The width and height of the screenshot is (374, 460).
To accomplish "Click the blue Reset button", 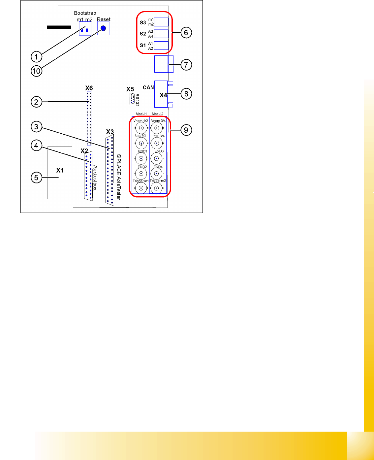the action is pyautogui.click(x=103, y=28).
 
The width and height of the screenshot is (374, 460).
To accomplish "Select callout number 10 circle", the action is pyautogui.click(x=37, y=71).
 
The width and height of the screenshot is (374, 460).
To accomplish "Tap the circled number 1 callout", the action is pyautogui.click(x=37, y=57).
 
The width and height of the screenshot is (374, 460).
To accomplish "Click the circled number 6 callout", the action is pyautogui.click(x=186, y=33).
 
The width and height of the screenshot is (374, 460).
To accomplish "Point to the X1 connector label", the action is pyautogui.click(x=60, y=170).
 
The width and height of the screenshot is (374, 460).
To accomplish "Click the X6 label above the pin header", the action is pyautogui.click(x=89, y=88).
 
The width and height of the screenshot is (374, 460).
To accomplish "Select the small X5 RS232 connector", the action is pyautogui.click(x=132, y=99).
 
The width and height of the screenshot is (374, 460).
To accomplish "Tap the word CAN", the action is pyautogui.click(x=148, y=87).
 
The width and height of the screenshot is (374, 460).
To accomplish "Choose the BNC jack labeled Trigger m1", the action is pyautogui.click(x=141, y=188).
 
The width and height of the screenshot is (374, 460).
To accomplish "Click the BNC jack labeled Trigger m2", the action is pyautogui.click(x=157, y=188).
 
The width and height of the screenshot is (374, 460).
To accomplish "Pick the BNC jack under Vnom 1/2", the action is pyautogui.click(x=141, y=128).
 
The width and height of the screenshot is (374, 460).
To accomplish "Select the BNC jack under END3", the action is pyautogui.click(x=157, y=158).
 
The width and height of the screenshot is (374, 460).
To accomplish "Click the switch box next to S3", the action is pyautogui.click(x=161, y=22).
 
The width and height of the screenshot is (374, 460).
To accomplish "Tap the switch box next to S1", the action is pyautogui.click(x=161, y=46).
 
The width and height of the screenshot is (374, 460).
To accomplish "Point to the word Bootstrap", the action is pyautogui.click(x=85, y=13).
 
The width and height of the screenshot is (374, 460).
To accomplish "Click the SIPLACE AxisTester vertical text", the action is pyautogui.click(x=119, y=177).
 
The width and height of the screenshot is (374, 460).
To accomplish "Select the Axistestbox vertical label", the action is pyautogui.click(x=95, y=178).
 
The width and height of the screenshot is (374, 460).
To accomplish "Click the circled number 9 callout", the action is pyautogui.click(x=186, y=130).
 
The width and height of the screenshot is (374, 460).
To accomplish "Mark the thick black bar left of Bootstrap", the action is pyautogui.click(x=59, y=27).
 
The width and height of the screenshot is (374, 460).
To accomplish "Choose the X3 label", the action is pyautogui.click(x=110, y=132).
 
